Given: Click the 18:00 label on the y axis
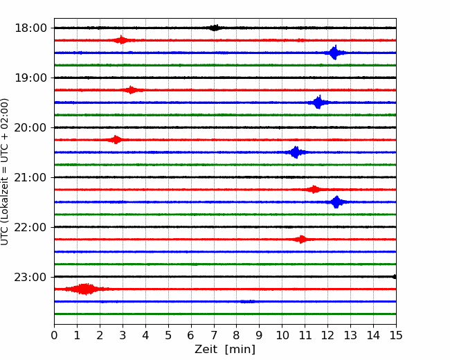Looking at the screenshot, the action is tap(30, 28).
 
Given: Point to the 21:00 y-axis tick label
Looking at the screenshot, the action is tap(30, 177).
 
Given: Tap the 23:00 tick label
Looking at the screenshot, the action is tap(30, 277).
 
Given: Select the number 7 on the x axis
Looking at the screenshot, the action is tap(214, 335).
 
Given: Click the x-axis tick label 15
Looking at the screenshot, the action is tap(396, 335).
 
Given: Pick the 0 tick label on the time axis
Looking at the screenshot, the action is tap(54, 335).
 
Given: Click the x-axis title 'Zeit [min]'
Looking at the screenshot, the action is tap(225, 350).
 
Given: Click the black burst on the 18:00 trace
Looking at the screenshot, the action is tap(215, 28).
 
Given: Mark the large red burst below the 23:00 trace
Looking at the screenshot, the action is tap(85, 289).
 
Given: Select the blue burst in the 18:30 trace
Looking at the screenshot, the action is tap(334, 53).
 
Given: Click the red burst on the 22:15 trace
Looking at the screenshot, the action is tap(301, 240).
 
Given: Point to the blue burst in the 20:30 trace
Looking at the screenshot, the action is tap(296, 152).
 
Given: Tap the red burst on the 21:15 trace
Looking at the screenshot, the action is tap(314, 190).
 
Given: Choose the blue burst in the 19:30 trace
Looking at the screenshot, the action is tap(318, 102).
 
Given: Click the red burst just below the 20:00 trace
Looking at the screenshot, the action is tap(116, 140).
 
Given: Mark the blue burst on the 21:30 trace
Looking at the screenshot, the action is tap(336, 202).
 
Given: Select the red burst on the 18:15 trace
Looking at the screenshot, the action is tap(121, 40).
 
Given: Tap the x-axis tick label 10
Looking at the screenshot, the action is tap(282, 335).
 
